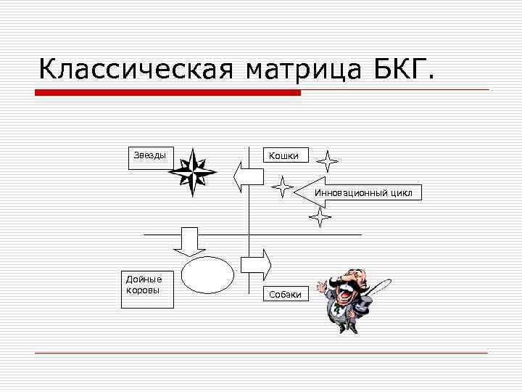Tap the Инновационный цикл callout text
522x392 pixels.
tap(362, 193)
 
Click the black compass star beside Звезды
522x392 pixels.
tap(192, 173)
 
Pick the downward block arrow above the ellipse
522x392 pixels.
tap(190, 241)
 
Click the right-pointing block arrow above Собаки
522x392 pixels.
tap(256, 263)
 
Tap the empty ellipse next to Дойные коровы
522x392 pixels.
tap(207, 275)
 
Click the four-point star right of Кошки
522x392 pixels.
tap(328, 160)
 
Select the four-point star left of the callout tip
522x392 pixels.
tap(282, 187)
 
